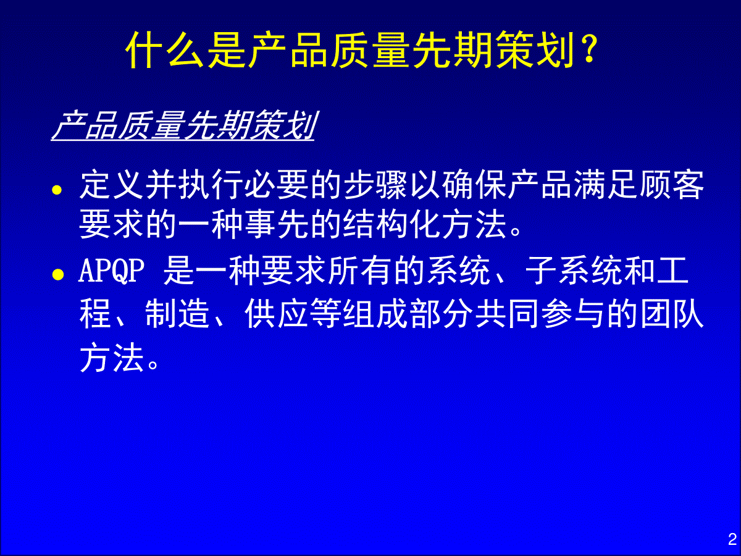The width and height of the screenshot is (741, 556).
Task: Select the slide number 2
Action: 732,539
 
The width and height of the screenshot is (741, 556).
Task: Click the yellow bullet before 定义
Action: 57,190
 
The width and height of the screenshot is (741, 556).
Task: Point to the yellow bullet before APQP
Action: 58,274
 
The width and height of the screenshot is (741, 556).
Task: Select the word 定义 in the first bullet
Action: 112,184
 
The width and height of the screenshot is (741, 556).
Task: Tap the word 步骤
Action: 375,184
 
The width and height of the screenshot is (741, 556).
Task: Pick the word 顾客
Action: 672,184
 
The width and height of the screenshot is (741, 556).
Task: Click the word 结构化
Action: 391,224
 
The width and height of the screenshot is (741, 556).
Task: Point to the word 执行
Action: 211,184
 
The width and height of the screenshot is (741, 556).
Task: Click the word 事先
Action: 277,224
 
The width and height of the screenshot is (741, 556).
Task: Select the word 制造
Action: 177,313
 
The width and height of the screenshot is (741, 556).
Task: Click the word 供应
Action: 277,313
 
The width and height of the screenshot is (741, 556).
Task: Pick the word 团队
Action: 672,313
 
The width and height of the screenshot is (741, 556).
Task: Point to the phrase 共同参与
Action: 540,313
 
